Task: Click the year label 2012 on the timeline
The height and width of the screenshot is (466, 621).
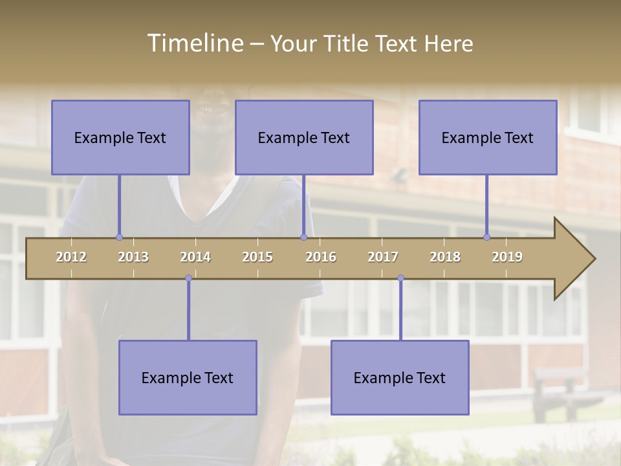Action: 71,257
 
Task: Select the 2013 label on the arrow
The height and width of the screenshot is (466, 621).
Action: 133,257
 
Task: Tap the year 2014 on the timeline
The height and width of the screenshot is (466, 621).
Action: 195,257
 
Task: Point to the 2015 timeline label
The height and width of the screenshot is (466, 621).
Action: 257,257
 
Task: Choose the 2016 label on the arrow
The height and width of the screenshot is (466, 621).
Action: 321,257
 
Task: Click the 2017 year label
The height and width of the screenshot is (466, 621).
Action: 383,257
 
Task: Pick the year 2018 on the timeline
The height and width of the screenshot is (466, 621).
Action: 445,257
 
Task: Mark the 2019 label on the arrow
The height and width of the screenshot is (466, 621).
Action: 507,257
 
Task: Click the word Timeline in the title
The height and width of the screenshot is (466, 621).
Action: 194,43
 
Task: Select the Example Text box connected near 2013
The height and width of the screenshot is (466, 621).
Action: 120,137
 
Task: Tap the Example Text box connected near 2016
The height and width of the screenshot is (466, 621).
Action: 304,137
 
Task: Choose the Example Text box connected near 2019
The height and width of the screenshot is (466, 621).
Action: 488,137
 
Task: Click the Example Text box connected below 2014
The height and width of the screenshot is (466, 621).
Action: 188,377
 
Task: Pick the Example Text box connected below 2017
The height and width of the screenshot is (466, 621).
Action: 400,377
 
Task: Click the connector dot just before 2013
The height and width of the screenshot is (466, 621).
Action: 119,237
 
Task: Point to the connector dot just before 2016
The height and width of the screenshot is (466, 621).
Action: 303,237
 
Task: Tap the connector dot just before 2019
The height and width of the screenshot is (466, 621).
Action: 486,237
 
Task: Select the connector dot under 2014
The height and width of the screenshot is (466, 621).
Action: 188,278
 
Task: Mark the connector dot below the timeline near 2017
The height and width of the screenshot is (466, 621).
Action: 400,278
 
